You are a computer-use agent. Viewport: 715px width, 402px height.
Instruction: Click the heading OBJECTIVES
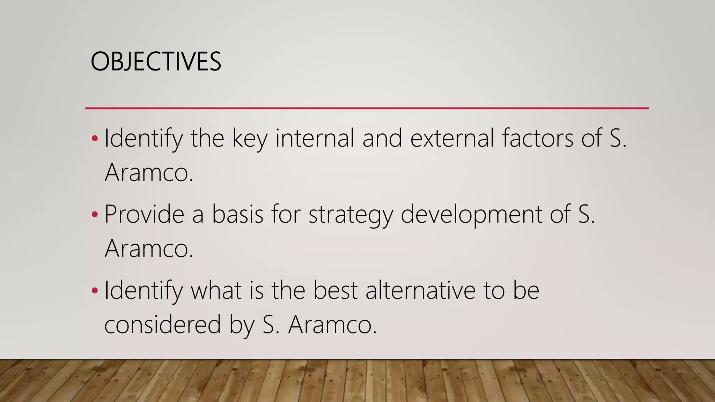click(x=156, y=61)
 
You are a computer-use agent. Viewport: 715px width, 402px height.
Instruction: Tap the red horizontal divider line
click(x=367, y=109)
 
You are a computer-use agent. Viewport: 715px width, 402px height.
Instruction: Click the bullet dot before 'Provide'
click(x=95, y=214)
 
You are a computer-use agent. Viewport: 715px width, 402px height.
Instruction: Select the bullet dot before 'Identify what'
click(x=95, y=290)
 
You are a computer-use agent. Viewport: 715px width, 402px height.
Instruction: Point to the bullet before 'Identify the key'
click(x=95, y=138)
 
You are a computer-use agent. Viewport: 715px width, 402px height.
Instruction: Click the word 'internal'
click(x=315, y=138)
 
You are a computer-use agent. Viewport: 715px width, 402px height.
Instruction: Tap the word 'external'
click(x=452, y=138)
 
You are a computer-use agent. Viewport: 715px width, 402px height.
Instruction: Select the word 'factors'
click(x=538, y=138)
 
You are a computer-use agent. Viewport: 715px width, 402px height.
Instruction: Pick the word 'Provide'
click(x=144, y=214)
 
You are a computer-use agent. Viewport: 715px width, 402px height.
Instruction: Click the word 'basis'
click(x=237, y=214)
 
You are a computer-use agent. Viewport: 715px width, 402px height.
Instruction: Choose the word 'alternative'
click(x=420, y=290)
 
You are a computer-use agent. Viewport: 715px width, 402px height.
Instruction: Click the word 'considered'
click(x=163, y=325)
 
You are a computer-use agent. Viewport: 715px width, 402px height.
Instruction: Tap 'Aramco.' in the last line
click(x=332, y=325)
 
